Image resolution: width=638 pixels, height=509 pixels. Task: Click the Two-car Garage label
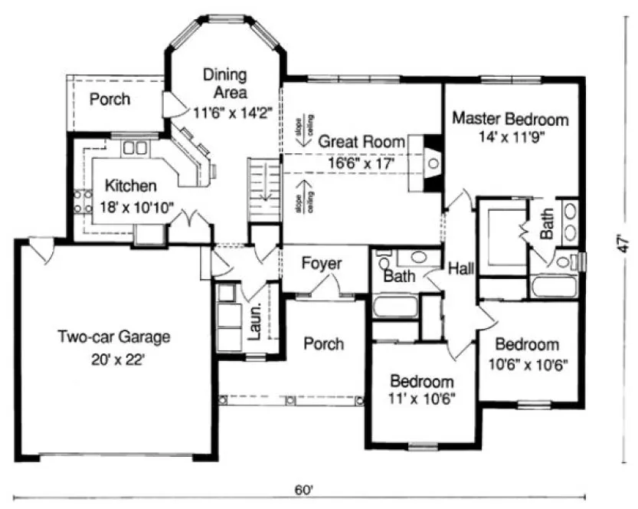pos(113,337)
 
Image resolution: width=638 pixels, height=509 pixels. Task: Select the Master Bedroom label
pos(510,120)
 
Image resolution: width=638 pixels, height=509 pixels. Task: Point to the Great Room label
pos(350,142)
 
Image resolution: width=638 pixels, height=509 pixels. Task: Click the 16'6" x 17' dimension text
pos(359,163)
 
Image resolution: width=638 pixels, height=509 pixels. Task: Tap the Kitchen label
pos(131,186)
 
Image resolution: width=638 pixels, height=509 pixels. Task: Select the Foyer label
pos(321,264)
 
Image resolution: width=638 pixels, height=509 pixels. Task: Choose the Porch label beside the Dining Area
pos(110,100)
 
